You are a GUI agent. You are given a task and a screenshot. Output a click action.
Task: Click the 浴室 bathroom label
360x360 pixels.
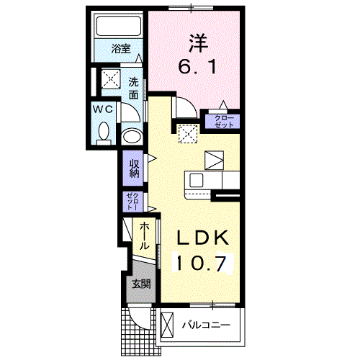121,49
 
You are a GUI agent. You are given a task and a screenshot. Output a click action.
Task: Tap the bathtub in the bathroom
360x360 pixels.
118,26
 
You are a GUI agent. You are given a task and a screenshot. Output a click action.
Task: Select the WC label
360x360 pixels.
103,109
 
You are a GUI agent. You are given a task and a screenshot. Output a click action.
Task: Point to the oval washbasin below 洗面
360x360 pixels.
132,137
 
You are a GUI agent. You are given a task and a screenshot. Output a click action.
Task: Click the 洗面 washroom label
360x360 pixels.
133,89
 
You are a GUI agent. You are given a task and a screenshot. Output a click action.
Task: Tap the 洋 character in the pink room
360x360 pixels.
198,44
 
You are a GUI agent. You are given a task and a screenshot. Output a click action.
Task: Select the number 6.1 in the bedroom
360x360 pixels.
197,66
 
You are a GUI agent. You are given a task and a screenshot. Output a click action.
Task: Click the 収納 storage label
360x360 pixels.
135,168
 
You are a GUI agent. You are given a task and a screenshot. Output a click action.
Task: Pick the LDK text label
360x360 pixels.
203,238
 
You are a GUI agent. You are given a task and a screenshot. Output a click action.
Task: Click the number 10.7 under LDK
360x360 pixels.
202,264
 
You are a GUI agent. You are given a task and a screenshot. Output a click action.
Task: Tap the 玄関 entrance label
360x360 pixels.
142,284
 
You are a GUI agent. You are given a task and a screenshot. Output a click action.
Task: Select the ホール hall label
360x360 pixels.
144,235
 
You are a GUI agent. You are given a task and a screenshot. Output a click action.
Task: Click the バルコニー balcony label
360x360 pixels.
206,325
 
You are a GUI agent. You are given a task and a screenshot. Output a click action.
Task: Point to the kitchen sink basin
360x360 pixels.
197,180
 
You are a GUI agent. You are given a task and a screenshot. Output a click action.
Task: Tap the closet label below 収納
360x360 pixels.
132,202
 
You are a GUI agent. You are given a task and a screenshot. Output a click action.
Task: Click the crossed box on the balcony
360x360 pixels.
167,325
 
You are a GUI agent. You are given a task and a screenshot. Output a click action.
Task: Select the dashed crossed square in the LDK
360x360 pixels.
188,134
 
